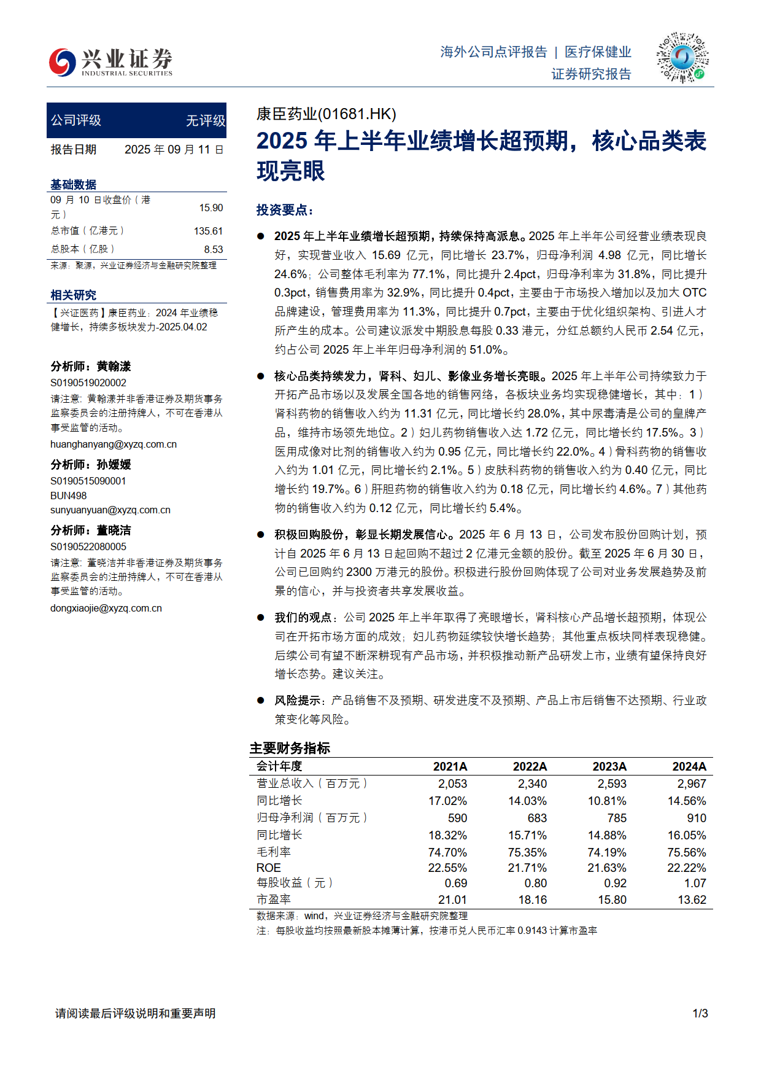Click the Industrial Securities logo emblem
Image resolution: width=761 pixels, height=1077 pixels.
[62, 61]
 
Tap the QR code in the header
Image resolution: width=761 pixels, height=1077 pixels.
[682, 58]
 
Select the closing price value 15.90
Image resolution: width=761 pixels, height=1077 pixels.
[211, 208]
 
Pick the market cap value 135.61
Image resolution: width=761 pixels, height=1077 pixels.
[208, 231]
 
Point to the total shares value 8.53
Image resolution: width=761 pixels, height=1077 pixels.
[213, 249]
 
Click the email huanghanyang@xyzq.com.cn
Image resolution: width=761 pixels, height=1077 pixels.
[114, 444]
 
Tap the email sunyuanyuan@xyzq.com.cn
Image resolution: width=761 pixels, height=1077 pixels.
[110, 510]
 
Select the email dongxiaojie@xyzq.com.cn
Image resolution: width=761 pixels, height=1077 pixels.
[106, 608]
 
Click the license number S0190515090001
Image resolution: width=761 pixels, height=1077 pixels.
[88, 481]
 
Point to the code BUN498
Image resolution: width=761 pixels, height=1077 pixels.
[69, 496]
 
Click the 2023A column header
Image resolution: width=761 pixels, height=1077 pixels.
[609, 766]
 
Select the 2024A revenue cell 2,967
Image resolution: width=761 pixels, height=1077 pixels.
[691, 783]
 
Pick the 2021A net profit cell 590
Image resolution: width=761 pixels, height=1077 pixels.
[457, 818]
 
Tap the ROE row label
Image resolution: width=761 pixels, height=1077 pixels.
[269, 868]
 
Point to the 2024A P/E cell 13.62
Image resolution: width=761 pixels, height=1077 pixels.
[692, 900]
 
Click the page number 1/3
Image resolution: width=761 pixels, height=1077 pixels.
[700, 1013]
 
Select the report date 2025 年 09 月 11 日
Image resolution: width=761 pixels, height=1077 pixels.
[174, 150]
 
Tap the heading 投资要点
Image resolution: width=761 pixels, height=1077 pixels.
[285, 210]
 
